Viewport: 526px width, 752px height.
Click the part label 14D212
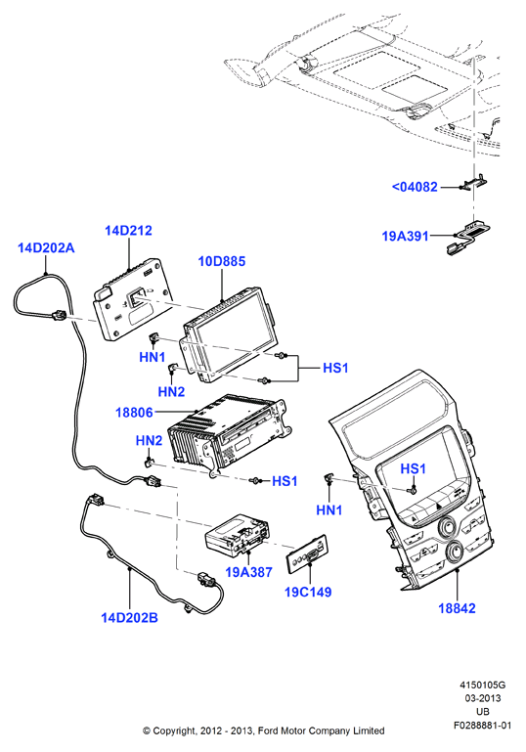click(x=128, y=231)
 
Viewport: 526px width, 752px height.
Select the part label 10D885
click(x=222, y=261)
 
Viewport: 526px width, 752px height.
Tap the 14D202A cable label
click(x=46, y=248)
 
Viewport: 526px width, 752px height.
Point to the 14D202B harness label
click(x=129, y=618)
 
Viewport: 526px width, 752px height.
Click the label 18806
click(x=134, y=413)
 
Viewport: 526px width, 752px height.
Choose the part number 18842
click(x=457, y=608)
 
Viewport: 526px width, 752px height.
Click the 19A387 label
click(x=249, y=572)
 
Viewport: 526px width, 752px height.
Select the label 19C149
click(x=308, y=592)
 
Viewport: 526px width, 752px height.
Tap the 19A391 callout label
click(x=405, y=236)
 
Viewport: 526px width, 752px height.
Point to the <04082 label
click(x=415, y=187)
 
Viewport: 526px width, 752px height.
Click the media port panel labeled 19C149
click(x=307, y=553)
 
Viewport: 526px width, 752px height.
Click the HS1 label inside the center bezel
click(x=413, y=468)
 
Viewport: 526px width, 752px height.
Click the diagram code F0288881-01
click(x=482, y=726)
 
